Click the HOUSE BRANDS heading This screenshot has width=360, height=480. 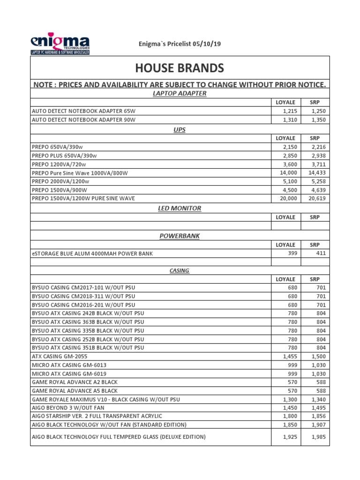[x=180, y=68]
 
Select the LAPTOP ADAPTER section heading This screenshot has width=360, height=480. [x=180, y=93]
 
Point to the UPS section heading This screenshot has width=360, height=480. [x=180, y=129]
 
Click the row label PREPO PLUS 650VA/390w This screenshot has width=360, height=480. [x=67, y=156]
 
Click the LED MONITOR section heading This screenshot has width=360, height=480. [x=180, y=208]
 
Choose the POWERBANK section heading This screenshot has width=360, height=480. [x=180, y=236]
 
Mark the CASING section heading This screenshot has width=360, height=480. [x=180, y=270]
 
